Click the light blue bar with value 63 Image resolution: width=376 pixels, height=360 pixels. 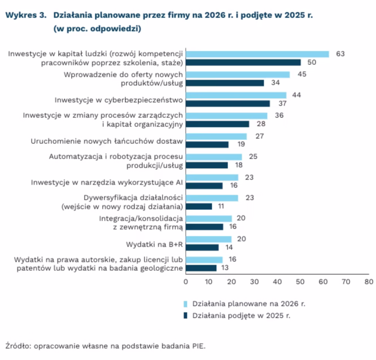click(x=257, y=54)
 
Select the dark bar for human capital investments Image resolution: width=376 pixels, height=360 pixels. click(x=243, y=62)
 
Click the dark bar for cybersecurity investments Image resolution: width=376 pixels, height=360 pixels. click(x=228, y=103)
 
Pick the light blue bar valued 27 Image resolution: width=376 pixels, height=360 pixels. click(x=216, y=136)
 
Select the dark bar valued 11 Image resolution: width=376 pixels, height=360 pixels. click(x=198, y=207)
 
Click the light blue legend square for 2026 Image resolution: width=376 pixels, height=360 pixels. click(x=186, y=304)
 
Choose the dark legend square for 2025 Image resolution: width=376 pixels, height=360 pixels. click(x=186, y=316)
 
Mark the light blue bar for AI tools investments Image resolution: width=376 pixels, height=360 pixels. click(x=212, y=177)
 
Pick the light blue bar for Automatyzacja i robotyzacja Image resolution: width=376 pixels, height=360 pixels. click(x=214, y=156)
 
